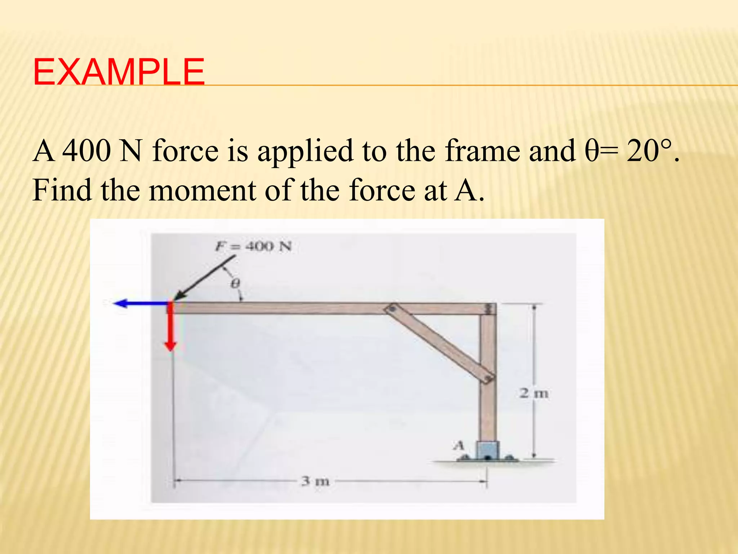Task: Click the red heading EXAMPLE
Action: [x=119, y=72]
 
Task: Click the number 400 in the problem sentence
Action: [x=87, y=151]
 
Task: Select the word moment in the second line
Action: [x=203, y=190]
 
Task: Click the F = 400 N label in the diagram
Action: [x=254, y=247]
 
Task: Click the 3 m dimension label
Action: [x=316, y=481]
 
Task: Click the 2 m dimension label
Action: [x=534, y=393]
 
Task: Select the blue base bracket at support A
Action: [x=488, y=450]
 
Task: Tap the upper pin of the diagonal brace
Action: [x=392, y=309]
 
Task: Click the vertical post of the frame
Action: [x=488, y=408]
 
